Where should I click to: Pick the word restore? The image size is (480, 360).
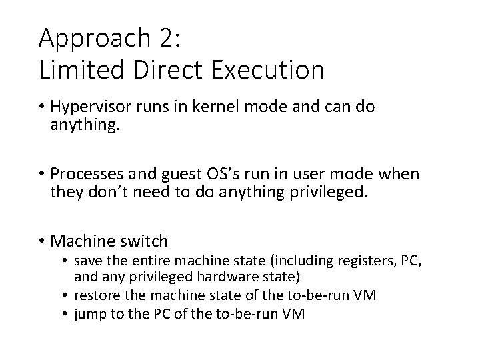point(96,295)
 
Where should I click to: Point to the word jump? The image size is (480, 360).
point(89,313)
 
